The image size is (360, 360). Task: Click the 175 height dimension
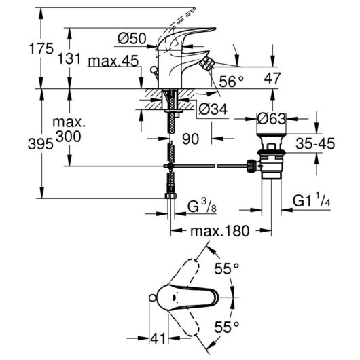click(41, 49)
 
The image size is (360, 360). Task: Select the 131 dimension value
click(69, 58)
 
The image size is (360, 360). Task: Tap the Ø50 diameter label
click(132, 38)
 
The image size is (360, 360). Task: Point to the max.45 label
click(113, 61)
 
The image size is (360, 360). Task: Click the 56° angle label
click(231, 82)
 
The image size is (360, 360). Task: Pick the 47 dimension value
click(272, 78)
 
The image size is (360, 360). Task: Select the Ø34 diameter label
click(213, 109)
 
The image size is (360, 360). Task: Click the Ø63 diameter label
click(272, 119)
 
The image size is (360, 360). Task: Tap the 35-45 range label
click(315, 144)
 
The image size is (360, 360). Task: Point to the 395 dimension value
click(41, 145)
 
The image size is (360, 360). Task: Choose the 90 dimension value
click(190, 139)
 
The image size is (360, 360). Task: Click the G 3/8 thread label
click(202, 206)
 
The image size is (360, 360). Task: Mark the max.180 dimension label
click(219, 231)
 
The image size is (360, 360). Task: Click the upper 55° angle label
click(227, 268)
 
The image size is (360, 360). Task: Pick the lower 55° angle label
click(227, 327)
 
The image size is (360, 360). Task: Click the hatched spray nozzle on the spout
click(206, 63)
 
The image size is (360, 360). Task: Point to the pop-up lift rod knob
click(153, 69)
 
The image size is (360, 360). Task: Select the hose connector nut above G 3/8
click(170, 196)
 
